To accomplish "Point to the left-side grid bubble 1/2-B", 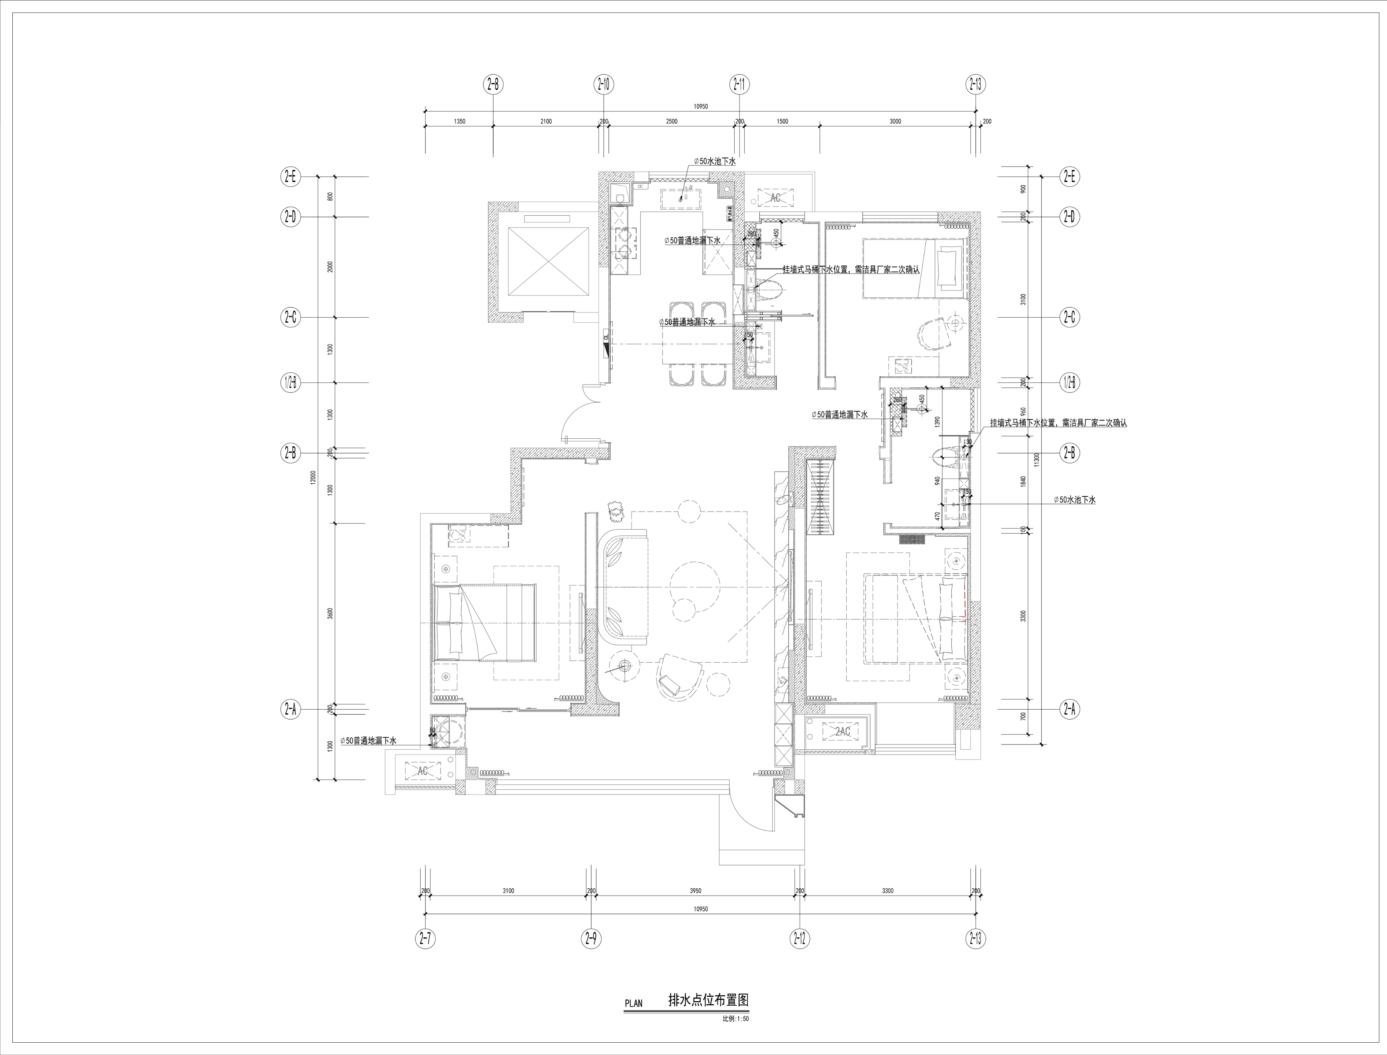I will (290, 382).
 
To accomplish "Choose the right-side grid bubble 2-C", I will (1069, 317).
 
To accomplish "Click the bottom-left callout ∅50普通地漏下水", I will (368, 741).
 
